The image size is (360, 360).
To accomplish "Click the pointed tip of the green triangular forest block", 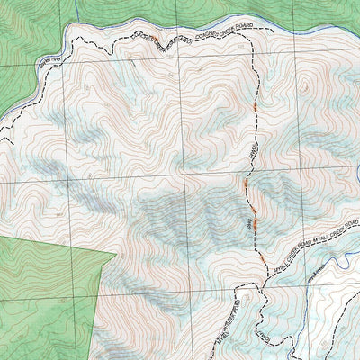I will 116,255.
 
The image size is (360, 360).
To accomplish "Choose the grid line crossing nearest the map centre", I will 180,180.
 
